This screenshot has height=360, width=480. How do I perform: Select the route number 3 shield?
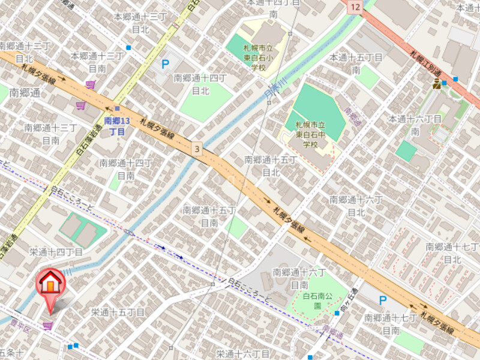[x=196, y=148]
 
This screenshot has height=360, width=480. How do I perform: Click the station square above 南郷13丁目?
[x=117, y=109]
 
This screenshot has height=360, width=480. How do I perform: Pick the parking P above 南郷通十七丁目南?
[x=382, y=300]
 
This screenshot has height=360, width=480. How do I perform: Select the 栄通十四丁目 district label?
[x=56, y=251]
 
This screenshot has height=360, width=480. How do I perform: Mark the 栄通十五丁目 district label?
[x=118, y=312]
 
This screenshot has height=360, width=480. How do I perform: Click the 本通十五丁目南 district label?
[x=355, y=63]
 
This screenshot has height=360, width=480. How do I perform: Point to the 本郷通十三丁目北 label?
[x=140, y=22]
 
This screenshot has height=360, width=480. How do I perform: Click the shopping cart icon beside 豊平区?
[x=47, y=325]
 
